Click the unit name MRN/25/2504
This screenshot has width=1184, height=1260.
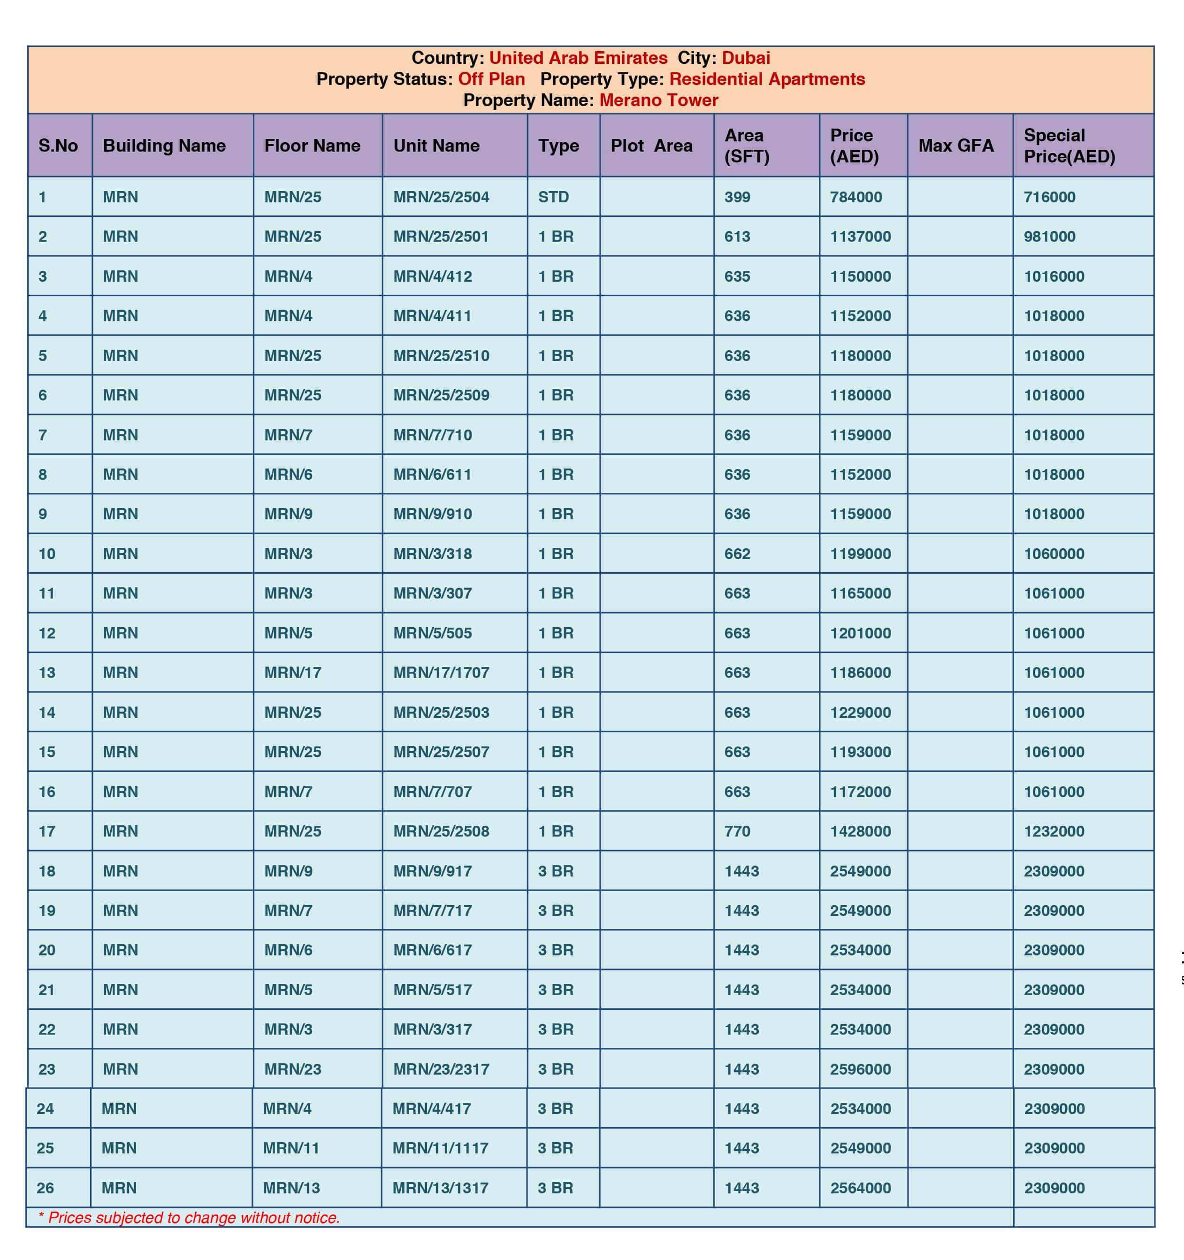pyautogui.click(x=441, y=197)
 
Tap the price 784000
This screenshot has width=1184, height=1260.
pyautogui.click(x=856, y=197)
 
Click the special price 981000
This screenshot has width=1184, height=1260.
pyautogui.click(x=1049, y=237)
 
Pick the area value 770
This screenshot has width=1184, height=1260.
pyautogui.click(x=737, y=831)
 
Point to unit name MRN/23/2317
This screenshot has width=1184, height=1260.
pyautogui.click(x=441, y=1069)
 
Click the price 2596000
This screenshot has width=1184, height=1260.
pyautogui.click(x=860, y=1069)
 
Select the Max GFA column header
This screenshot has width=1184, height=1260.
pyautogui.click(x=956, y=146)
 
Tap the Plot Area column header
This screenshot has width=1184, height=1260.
pyautogui.click(x=651, y=146)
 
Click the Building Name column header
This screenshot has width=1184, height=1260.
pyautogui.click(x=164, y=146)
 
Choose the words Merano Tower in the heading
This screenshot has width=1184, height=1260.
pyautogui.click(x=658, y=100)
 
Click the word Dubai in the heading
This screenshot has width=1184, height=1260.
pyautogui.click(x=746, y=58)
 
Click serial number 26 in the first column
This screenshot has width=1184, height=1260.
pyautogui.click(x=45, y=1188)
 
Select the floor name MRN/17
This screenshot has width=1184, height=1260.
pyautogui.click(x=293, y=672)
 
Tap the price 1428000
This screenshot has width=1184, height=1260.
pyautogui.click(x=860, y=831)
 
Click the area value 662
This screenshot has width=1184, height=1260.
pyautogui.click(x=737, y=554)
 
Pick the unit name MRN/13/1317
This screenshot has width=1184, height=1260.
pyautogui.click(x=440, y=1188)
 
